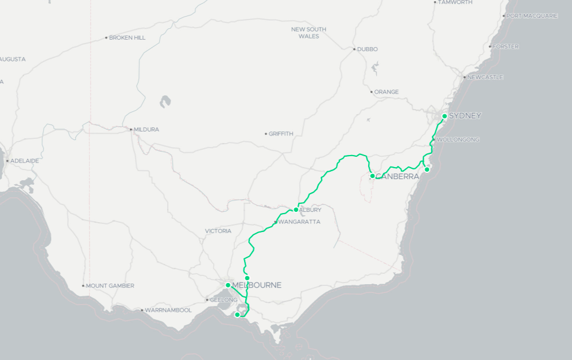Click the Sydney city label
point(465,116)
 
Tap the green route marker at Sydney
point(445,116)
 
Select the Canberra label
point(397,176)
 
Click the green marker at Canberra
point(372,176)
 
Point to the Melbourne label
point(256,285)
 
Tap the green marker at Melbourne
point(228,285)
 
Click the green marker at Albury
point(296,210)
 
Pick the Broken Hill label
point(127,38)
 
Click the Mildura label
point(146,130)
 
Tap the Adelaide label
point(24,161)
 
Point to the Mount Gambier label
point(110,286)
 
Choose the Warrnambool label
point(168,310)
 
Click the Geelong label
point(223,300)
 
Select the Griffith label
point(281,134)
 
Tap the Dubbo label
point(367,49)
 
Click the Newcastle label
point(485,78)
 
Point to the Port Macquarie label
point(532,16)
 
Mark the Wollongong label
point(458,140)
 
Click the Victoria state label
point(218,231)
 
